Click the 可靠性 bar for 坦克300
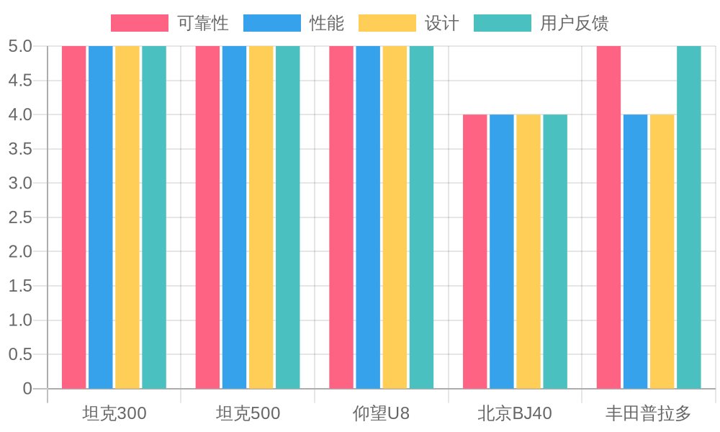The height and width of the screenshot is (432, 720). (73, 216)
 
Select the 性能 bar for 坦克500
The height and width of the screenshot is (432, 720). (234, 216)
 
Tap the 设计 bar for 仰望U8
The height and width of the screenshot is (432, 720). (395, 216)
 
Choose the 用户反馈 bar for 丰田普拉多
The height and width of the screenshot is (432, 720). (689, 216)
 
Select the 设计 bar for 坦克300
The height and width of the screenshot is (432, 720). (127, 216)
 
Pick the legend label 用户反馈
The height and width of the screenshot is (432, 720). (574, 23)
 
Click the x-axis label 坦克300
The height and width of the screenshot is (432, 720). (114, 413)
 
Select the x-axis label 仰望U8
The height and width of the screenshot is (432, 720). (381, 413)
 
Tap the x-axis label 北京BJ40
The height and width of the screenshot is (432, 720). (515, 413)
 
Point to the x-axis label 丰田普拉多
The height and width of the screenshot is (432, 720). (648, 413)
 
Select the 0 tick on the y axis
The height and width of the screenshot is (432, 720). (27, 389)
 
